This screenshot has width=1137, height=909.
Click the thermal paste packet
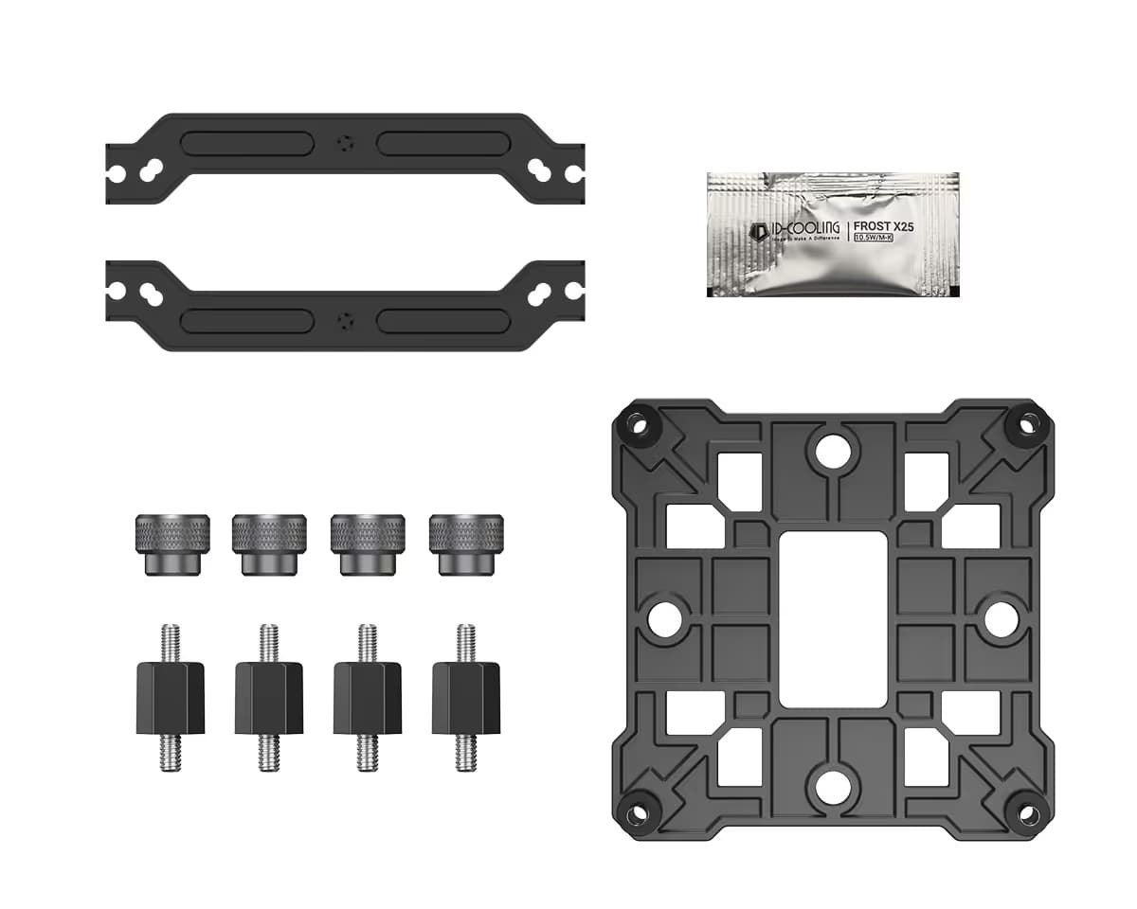(x=832, y=234)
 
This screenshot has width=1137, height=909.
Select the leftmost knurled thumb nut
(x=171, y=544)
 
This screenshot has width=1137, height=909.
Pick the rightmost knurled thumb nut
(x=465, y=544)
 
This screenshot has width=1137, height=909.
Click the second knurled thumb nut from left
(x=269, y=544)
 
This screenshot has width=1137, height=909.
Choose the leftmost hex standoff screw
(x=171, y=697)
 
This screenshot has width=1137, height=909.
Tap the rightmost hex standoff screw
(x=465, y=697)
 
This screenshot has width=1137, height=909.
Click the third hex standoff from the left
(x=367, y=697)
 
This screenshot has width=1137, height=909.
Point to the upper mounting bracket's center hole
(x=345, y=143)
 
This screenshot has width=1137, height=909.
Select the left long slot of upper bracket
(x=246, y=144)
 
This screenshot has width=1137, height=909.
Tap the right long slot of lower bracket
(x=443, y=320)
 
